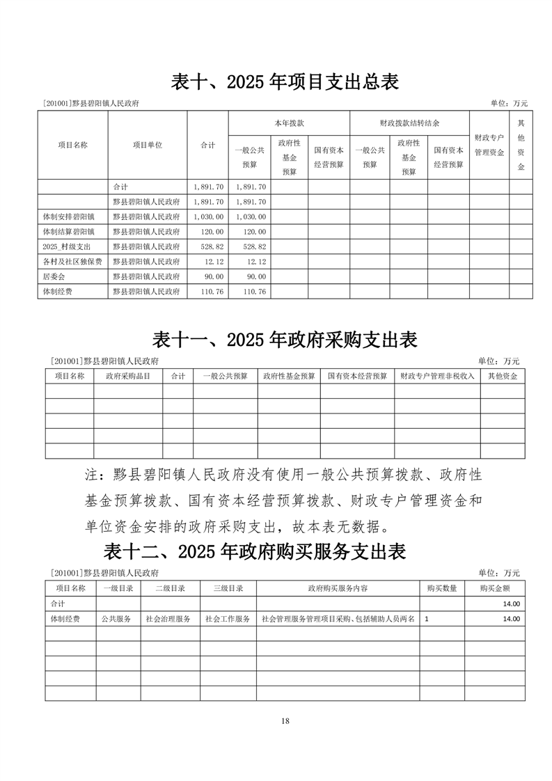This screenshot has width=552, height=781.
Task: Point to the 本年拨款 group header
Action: point(289,123)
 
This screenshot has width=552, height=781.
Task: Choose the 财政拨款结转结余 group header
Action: point(409,123)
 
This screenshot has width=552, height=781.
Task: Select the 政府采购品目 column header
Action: point(128,376)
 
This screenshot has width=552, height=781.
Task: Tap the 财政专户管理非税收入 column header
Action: point(437,376)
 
